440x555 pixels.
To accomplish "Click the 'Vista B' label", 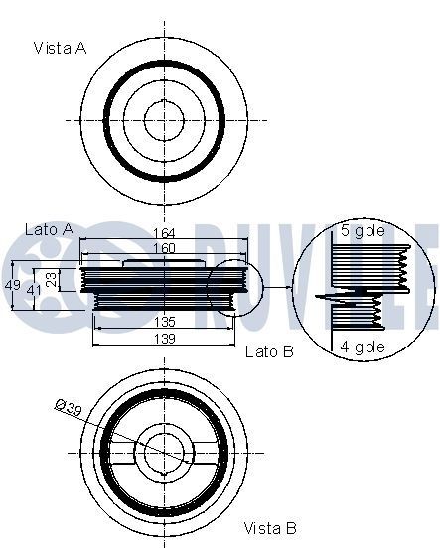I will (269, 529).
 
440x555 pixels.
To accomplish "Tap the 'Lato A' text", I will (49, 229).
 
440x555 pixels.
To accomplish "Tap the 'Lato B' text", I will (269, 351).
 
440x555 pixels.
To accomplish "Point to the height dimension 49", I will (12, 285).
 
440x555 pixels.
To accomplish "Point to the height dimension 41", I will (33, 289).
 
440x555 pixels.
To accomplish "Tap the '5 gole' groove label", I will (362, 231).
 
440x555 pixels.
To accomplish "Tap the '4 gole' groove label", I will (362, 347).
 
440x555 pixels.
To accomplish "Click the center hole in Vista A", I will (163, 120).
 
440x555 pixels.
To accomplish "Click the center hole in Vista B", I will (163, 453).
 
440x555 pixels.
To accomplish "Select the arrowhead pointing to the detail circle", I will (289, 288).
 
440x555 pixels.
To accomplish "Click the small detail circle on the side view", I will (234, 288).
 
